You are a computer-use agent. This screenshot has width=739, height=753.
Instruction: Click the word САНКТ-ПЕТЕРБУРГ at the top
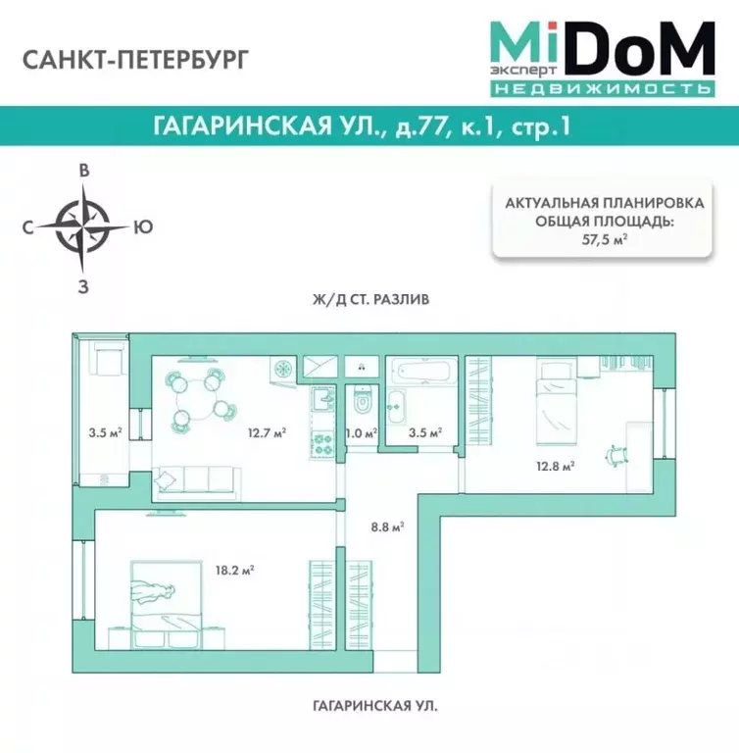[134, 59]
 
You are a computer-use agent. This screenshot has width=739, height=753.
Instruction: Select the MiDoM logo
[600, 57]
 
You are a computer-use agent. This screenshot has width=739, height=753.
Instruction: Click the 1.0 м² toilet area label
[361, 431]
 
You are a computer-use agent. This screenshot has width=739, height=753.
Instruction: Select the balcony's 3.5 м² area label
[103, 431]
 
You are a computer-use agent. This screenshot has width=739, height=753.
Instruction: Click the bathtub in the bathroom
[422, 373]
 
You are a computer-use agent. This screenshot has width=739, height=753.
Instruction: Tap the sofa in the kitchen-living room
[198, 478]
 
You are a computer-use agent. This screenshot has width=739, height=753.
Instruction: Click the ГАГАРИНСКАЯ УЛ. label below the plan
[369, 705]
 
